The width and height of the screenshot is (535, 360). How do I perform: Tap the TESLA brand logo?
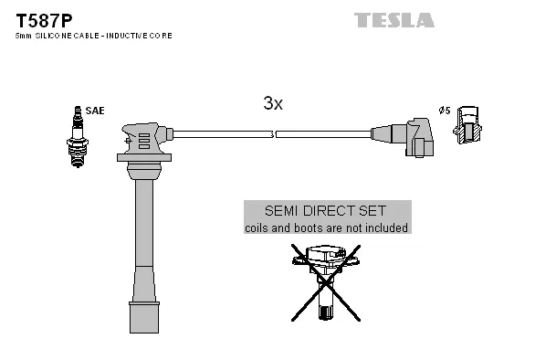pyautogui.click(x=394, y=19)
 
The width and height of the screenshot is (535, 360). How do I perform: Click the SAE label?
pyautogui.click(x=97, y=111)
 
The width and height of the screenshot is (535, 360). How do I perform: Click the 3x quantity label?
pyautogui.click(x=272, y=104)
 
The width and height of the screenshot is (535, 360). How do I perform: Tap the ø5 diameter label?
pyautogui.click(x=445, y=111)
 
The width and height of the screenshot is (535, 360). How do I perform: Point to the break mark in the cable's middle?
pyautogui.click(x=274, y=135)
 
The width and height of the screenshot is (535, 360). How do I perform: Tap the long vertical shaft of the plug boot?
pyautogui.click(x=143, y=242)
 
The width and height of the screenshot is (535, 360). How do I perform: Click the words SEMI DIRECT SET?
pyautogui.click(x=327, y=210)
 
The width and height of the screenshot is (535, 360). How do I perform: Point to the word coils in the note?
pyautogui.click(x=259, y=228)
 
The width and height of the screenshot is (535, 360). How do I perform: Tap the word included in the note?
pyautogui.click(x=386, y=228)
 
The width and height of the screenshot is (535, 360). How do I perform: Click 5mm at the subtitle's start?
pyautogui.click(x=24, y=35)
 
